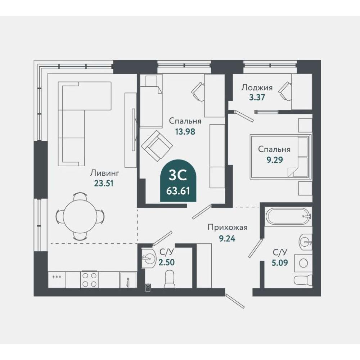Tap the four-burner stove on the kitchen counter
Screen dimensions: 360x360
coord(89,280)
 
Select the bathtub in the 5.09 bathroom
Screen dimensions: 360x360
coord(288,216)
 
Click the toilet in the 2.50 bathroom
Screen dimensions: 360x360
coord(170,279)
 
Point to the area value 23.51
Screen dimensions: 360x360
coord(104,184)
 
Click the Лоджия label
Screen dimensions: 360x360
coord(257,87)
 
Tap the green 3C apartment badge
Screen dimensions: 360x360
coord(179,181)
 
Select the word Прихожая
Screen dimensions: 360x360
coord(228,228)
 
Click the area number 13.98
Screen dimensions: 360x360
coord(185,131)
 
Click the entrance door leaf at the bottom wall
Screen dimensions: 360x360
coord(235,301)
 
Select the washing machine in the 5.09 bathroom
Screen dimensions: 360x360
coord(303,262)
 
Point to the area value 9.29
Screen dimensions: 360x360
coord(274,159)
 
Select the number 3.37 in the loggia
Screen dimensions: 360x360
coord(257,97)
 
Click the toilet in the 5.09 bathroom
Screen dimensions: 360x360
coord(303,280)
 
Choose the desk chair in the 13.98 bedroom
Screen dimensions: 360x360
coord(198,91)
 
